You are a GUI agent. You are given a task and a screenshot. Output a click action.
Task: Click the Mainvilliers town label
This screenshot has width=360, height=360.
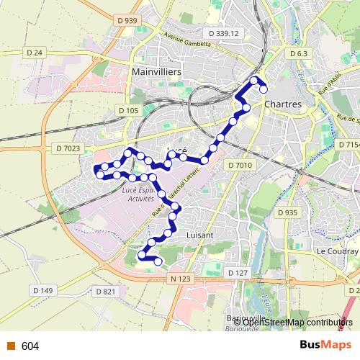(156, 73)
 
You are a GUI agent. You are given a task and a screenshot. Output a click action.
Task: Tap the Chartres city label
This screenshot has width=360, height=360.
(282, 104)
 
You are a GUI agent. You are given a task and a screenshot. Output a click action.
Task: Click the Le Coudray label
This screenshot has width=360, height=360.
(337, 251)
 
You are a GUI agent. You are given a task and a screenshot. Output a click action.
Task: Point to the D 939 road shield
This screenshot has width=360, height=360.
(126, 21)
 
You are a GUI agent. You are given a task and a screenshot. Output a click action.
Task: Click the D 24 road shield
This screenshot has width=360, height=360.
(35, 53)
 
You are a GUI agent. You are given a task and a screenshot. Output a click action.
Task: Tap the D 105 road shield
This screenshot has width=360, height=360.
(127, 110)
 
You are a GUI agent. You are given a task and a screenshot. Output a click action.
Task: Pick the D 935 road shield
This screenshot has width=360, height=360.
(287, 212)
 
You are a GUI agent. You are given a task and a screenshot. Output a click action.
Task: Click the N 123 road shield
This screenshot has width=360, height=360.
(181, 278)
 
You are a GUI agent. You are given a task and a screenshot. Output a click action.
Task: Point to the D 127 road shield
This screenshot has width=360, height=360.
(238, 273)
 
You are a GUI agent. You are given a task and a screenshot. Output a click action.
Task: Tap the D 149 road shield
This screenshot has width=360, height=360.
(43, 290)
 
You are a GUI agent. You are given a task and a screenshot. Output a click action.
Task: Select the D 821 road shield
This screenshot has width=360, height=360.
(105, 291)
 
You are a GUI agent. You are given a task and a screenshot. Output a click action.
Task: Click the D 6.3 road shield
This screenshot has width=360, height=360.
(297, 54)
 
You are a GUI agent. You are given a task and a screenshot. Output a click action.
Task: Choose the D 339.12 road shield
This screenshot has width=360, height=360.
(222, 33)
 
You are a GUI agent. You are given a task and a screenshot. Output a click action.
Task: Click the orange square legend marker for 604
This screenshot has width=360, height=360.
(11, 346)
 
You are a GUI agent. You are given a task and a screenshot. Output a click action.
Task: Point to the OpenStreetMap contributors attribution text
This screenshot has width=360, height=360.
(297, 322)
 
